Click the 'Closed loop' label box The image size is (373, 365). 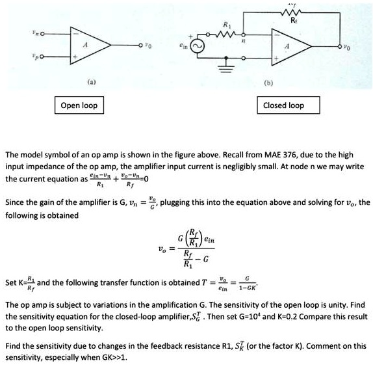coord(283,105)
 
